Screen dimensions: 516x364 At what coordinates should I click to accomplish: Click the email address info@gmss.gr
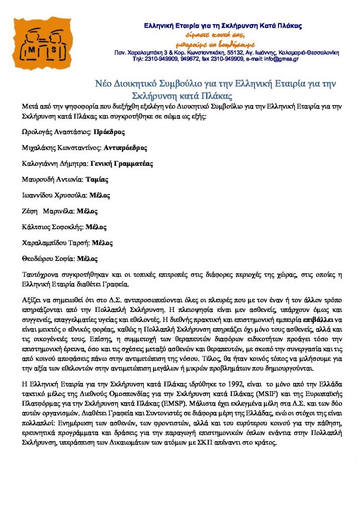279,58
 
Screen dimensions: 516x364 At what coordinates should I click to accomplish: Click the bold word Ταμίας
97,179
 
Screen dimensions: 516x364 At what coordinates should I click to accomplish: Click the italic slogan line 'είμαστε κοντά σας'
221,34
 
